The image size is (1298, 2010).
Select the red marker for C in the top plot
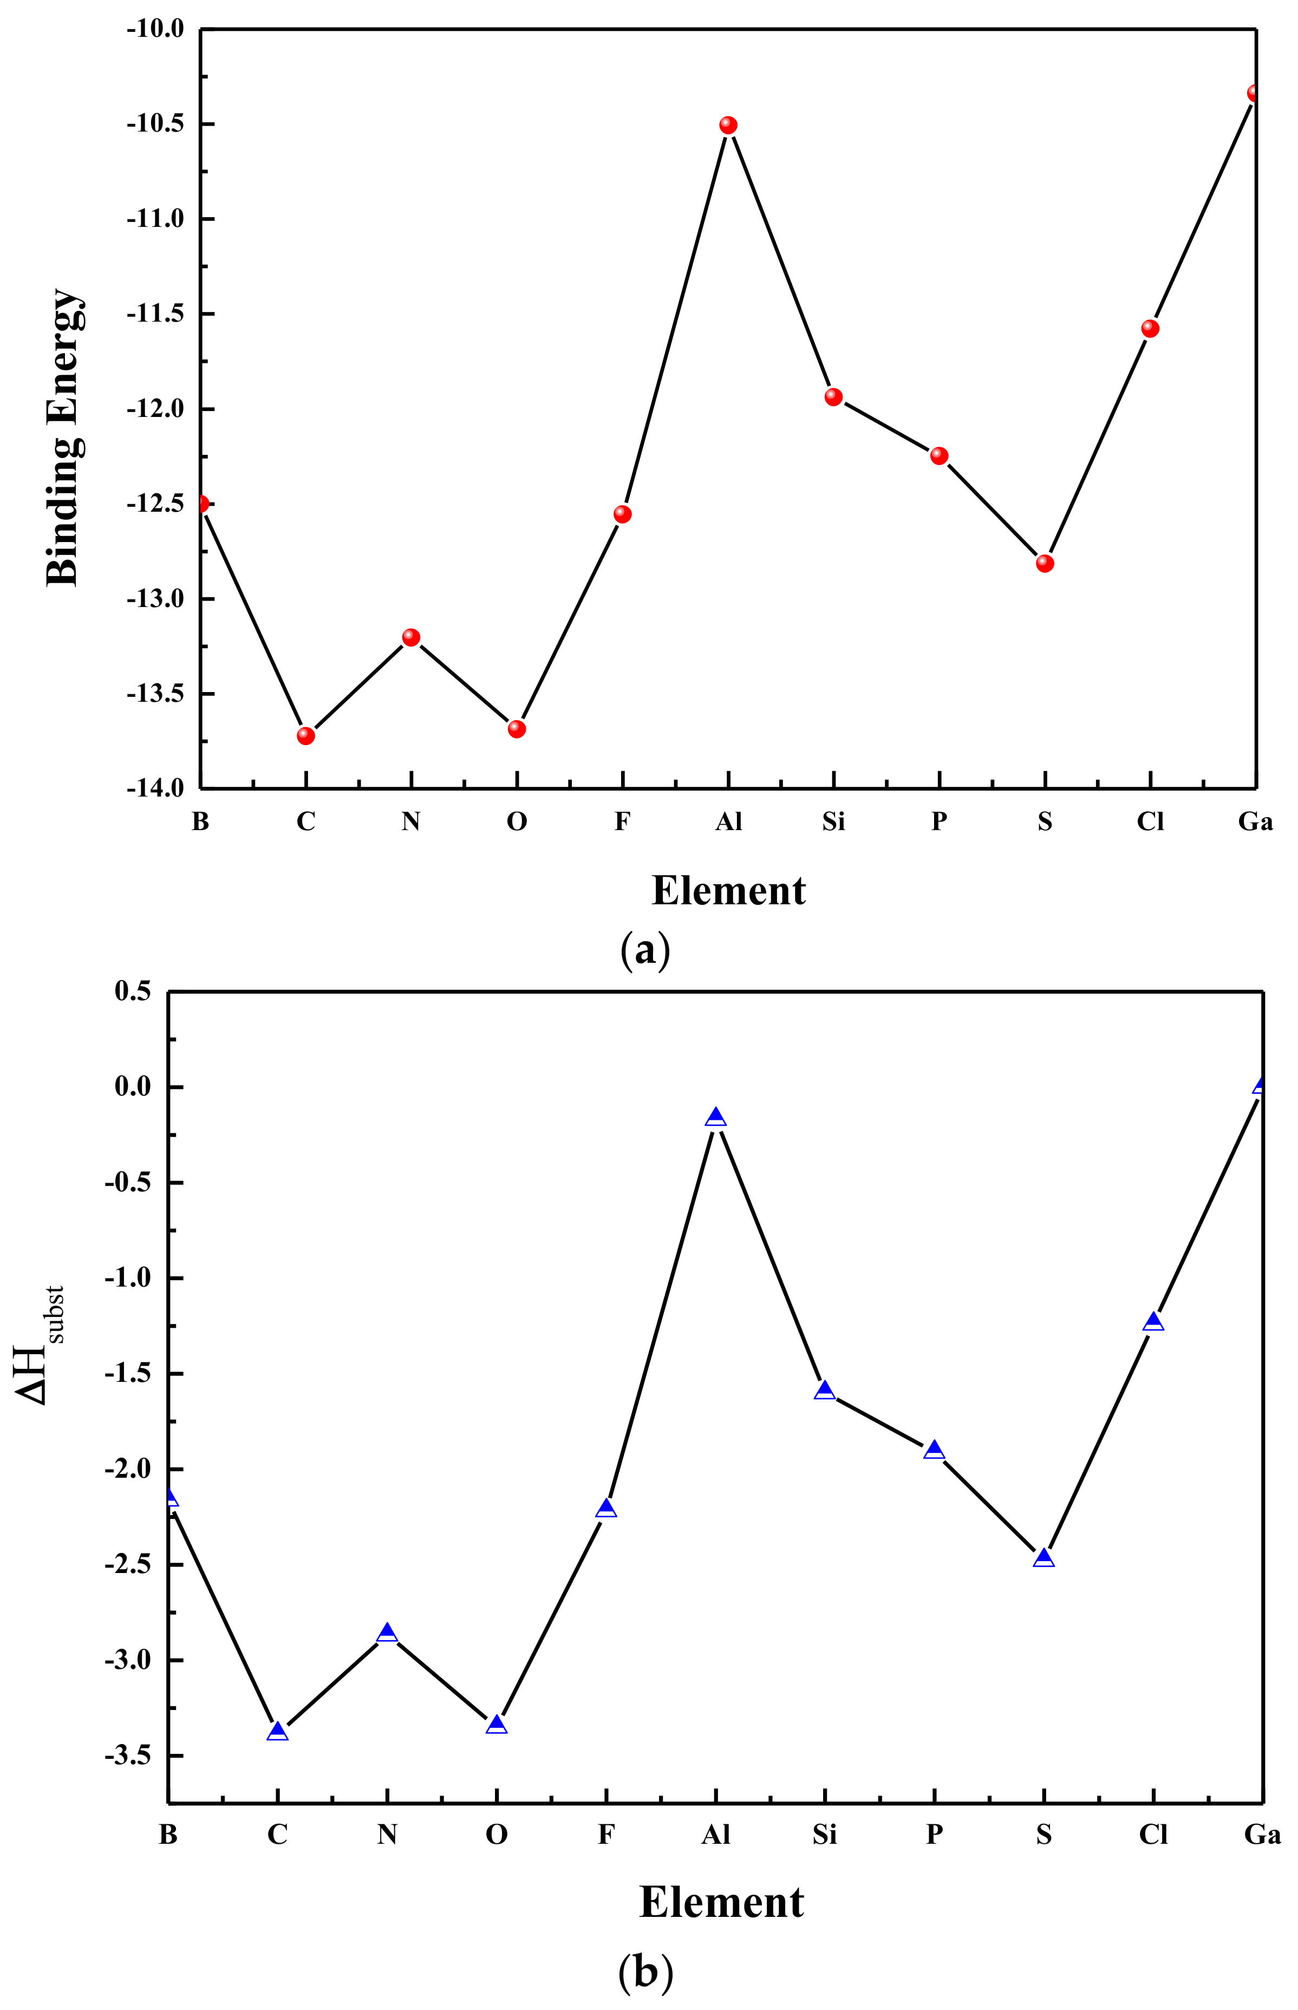[x=306, y=736]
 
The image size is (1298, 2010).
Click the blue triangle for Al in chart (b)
[x=715, y=1118]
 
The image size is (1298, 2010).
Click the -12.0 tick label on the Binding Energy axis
[x=155, y=409]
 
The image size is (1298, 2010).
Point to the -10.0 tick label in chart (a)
[x=155, y=29]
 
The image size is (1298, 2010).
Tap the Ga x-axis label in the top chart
[x=1255, y=821]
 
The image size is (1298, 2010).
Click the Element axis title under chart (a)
[x=728, y=891]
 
